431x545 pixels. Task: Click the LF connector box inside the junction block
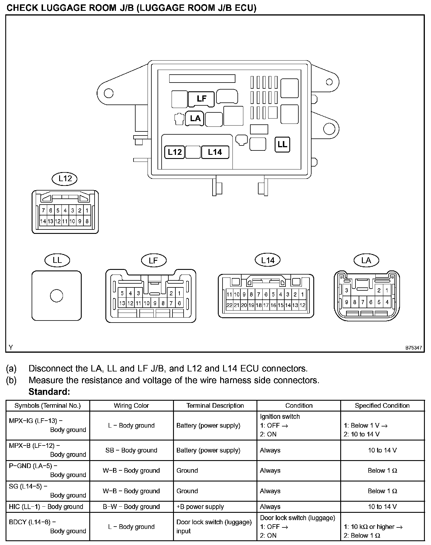pos(201,99)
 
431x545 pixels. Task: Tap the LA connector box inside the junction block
pos(195,118)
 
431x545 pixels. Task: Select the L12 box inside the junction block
pos(175,152)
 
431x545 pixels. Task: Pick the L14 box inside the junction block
pos(215,152)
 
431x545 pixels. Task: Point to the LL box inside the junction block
pos(282,144)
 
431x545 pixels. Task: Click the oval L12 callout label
pos(65,179)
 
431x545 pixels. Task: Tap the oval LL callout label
pos(57,260)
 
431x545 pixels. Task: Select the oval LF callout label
pos(153,260)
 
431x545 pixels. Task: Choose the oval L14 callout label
pos(268,260)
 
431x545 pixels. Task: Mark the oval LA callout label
pos(366,260)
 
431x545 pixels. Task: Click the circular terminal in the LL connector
pos(57,296)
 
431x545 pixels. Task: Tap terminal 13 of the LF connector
pos(122,304)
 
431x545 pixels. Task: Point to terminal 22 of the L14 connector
pos(229,305)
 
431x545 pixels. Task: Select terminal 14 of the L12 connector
pos(43,221)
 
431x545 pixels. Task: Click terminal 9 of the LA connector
pos(347,302)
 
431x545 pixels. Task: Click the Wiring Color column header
pos(131,406)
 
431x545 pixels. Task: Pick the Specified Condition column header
pos(382,406)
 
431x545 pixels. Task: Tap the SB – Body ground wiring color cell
pos(131,450)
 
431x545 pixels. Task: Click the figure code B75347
pos(413,348)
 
